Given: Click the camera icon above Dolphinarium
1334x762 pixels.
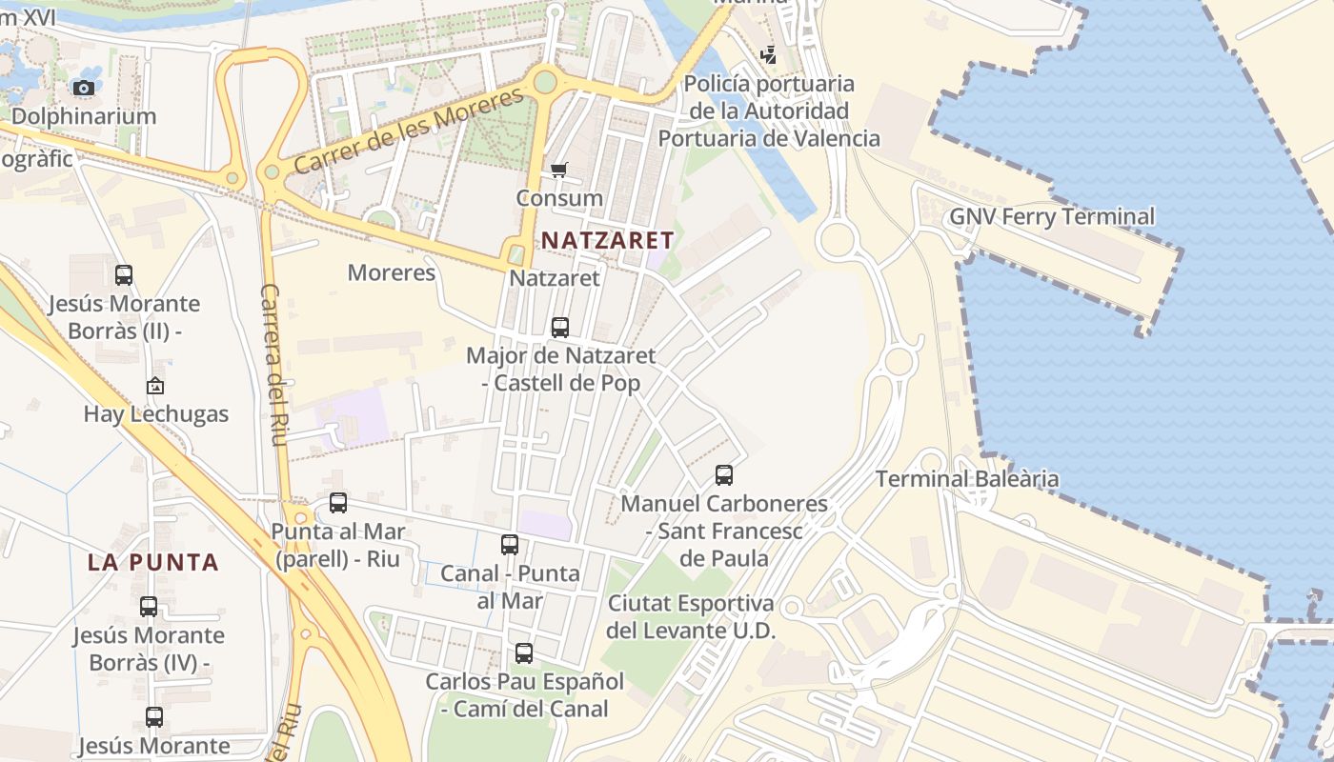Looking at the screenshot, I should click(84, 88).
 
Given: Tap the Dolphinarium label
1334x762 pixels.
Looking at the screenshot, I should click(84, 116).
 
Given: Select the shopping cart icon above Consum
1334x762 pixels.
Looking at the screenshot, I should click(559, 170).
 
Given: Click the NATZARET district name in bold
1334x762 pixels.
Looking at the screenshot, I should click(608, 240).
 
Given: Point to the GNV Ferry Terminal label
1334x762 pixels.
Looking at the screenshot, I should click(1052, 216).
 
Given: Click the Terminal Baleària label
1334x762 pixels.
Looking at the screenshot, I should click(967, 478).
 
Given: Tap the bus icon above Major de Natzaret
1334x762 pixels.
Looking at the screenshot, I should click(560, 328).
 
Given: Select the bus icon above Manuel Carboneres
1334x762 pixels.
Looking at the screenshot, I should click(724, 474).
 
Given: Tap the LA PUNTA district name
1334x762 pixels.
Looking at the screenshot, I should click(153, 562).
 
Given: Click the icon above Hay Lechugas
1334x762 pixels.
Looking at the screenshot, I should click(155, 386).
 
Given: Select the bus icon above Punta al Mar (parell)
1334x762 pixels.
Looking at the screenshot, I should click(338, 503).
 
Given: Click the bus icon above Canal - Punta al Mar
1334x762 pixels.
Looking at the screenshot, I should click(510, 545).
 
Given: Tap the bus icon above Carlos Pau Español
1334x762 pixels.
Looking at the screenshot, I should click(524, 653).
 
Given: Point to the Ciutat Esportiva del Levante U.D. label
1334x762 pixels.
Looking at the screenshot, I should click(691, 616).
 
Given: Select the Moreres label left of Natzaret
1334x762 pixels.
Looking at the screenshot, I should click(391, 273).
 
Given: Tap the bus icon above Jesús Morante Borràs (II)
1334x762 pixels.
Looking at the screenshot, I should click(124, 275).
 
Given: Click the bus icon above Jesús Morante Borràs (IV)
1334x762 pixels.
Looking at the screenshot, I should click(149, 606).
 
